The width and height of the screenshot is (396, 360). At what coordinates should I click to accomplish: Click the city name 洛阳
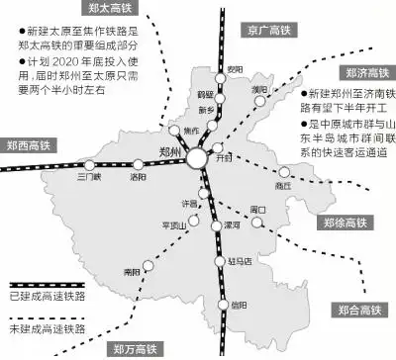[x=138, y=178]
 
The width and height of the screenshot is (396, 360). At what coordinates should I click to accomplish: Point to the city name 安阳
[x=234, y=67]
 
